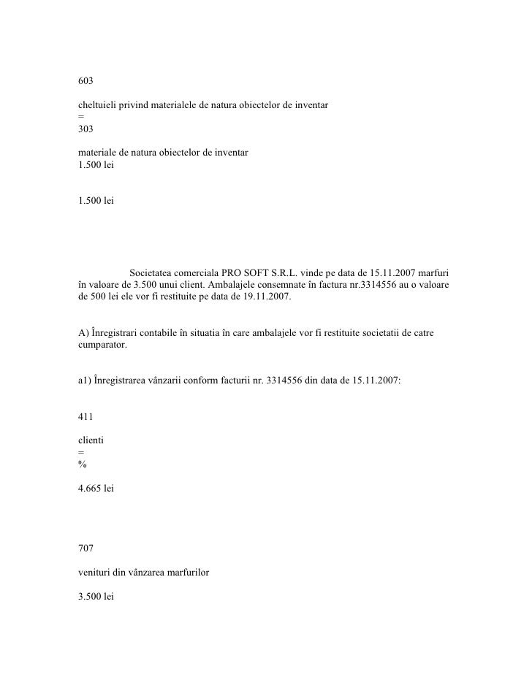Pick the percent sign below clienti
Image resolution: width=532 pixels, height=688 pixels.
click(x=82, y=467)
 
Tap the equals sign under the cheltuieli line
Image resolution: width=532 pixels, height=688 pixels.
click(x=81, y=117)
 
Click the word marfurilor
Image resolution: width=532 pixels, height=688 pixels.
click(x=186, y=573)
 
